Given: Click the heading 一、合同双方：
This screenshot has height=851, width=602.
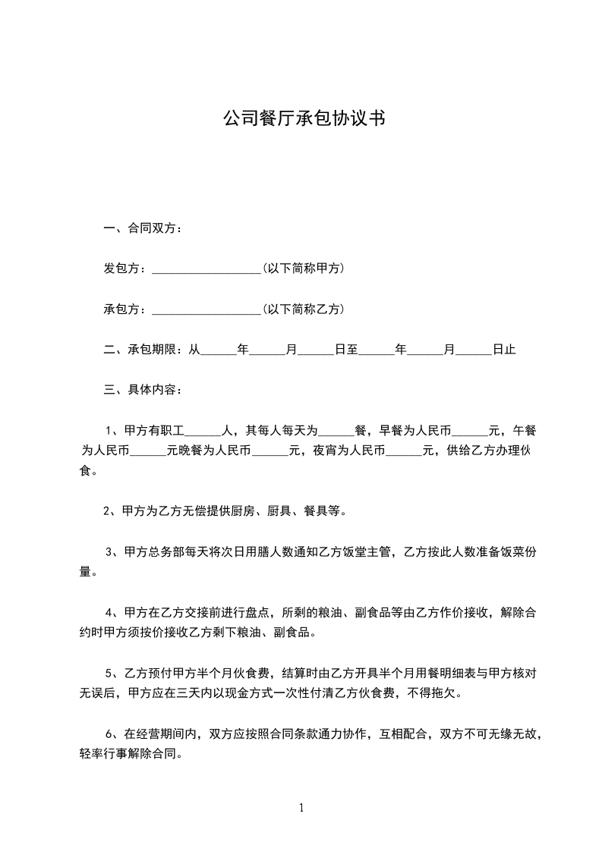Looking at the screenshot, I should coord(143,228).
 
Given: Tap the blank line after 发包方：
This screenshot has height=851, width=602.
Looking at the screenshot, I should coord(206,270).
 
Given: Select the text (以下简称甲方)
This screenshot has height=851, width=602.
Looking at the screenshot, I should coord(303,268).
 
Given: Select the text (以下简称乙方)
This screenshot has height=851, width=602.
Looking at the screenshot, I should coord(303,309).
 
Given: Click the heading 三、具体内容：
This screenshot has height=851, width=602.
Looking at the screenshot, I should coord(143,391).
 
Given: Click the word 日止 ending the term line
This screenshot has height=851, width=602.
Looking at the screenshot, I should coord(504,350).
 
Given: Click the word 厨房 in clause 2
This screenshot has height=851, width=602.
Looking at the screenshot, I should coord(247,511).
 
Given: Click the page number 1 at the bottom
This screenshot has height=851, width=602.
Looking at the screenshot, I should coord(301,808).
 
